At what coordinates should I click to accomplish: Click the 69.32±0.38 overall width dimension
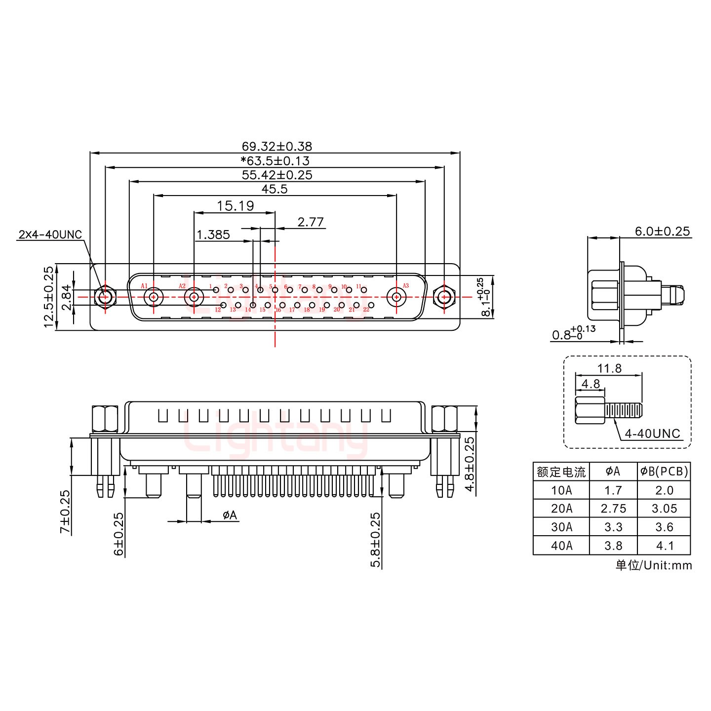[x=276, y=146]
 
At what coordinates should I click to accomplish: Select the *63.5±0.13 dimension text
[x=275, y=160]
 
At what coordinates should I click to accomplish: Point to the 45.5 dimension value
[x=275, y=189]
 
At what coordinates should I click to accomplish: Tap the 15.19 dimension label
[x=235, y=205]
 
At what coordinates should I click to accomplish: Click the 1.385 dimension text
[x=213, y=235]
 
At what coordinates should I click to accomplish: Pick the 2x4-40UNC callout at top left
[x=50, y=234]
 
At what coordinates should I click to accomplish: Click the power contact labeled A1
[x=154, y=297]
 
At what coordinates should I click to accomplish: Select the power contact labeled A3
[x=396, y=297]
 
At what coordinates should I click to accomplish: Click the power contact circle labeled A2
[x=194, y=297]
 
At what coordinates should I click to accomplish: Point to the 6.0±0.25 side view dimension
[x=662, y=231]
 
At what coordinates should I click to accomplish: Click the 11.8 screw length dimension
[x=609, y=368]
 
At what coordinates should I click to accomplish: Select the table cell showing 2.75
[x=613, y=509]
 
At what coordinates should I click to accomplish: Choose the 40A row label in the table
[x=561, y=546]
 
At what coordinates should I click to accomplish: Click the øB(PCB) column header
[x=664, y=472]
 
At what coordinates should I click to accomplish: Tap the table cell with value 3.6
[x=664, y=527]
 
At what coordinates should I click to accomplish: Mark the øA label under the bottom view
[x=230, y=515]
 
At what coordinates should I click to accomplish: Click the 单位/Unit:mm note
[x=653, y=565]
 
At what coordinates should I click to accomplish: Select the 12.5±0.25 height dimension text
[x=48, y=297]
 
